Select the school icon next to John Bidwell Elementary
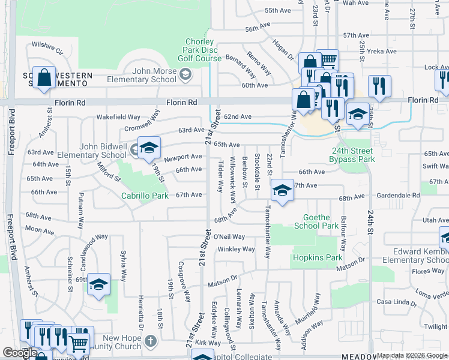point(149,148)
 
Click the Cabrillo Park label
point(145,196)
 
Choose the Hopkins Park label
point(317,257)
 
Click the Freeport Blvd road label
point(12,138)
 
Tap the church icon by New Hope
point(151,340)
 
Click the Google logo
point(19,353)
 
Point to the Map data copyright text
point(411,355)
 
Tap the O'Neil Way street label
point(229,237)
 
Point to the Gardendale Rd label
point(399,196)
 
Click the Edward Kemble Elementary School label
point(421,256)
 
